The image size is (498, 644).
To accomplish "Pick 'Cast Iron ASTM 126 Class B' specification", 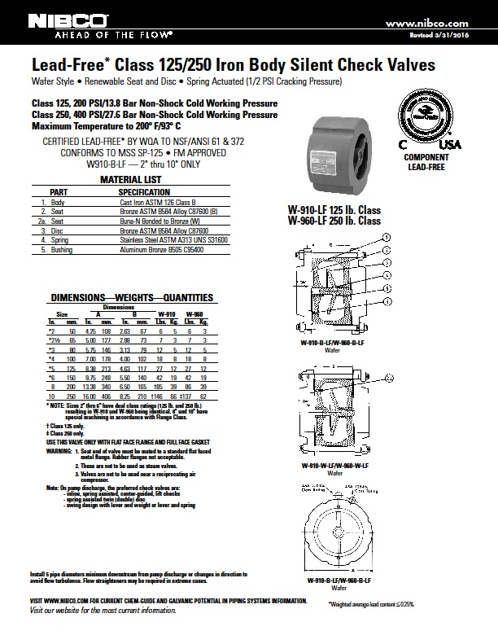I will pos(155,200).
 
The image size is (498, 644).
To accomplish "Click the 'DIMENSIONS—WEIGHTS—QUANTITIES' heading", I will pos(120,297).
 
